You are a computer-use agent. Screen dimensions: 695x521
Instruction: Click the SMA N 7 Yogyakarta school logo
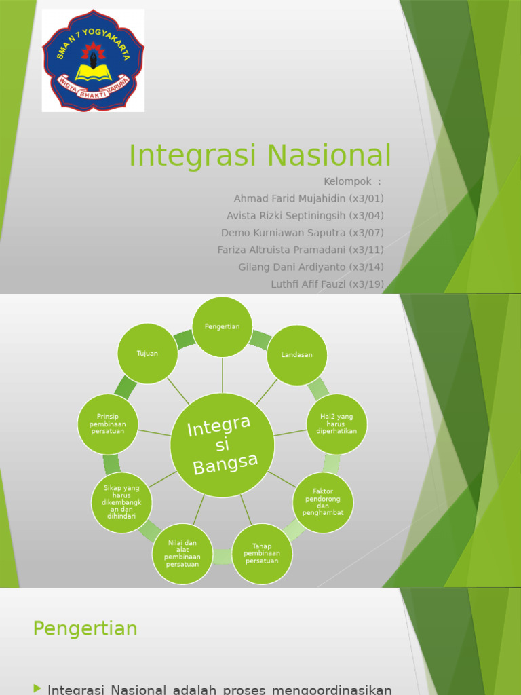93,60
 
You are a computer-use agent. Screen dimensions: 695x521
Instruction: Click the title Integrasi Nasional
260,155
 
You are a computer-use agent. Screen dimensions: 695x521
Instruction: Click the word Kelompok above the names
348,181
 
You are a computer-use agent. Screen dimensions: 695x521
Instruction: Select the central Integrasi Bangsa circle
223,445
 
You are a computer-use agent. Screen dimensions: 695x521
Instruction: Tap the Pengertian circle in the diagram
223,326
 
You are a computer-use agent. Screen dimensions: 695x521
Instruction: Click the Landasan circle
297,355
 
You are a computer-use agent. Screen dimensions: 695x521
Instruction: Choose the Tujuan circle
147,354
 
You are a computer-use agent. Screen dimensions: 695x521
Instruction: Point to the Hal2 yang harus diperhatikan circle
336,424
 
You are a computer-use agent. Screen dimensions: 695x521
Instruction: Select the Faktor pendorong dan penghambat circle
323,502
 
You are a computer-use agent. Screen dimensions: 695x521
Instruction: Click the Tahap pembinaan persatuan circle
262,554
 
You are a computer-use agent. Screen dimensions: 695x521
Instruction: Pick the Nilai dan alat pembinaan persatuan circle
182,553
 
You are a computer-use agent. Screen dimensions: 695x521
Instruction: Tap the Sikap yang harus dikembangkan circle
121,502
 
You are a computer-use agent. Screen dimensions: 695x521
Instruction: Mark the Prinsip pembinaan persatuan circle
108,424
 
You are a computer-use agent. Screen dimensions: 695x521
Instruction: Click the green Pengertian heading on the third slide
85,628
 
